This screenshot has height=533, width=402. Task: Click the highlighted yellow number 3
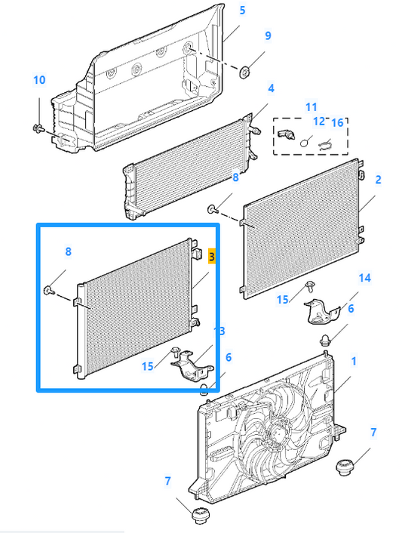212,257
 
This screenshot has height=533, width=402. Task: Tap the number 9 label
267,35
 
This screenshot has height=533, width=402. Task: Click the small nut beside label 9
245,72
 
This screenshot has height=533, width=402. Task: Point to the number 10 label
39,80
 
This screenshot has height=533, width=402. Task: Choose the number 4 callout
270,88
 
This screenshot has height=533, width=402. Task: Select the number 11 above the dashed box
311,106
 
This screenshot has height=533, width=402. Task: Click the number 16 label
337,122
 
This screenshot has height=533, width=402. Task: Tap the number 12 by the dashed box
318,122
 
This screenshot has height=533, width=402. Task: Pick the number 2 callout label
378,180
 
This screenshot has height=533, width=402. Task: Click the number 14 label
364,278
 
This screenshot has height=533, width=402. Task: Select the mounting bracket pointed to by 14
321,310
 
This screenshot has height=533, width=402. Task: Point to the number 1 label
353,362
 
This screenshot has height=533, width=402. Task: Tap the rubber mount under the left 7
201,517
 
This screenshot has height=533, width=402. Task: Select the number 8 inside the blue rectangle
69,252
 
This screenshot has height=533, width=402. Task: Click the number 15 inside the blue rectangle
147,366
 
